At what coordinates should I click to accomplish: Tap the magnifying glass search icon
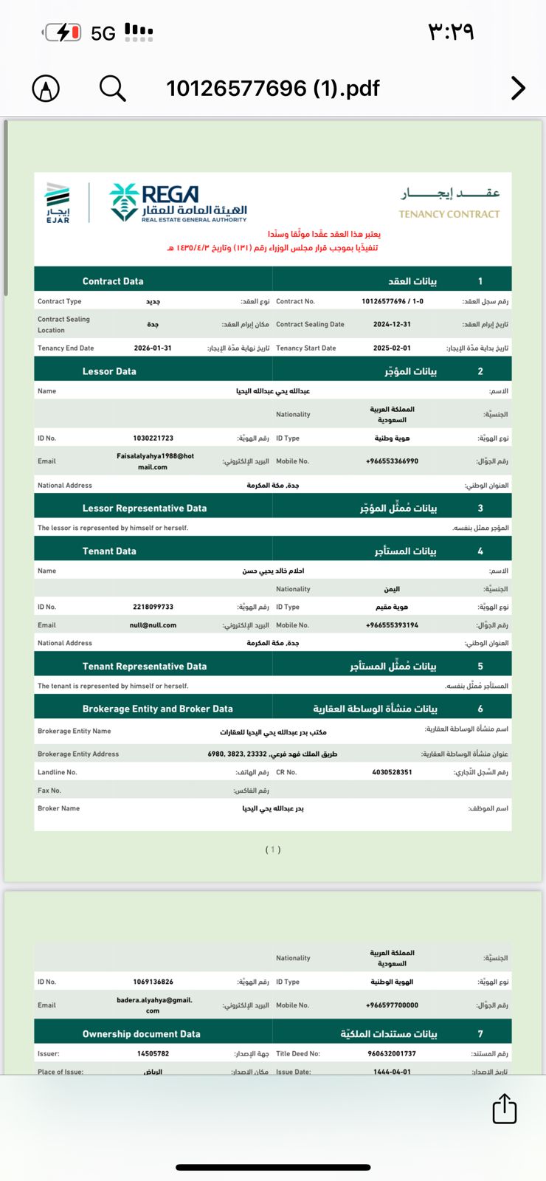(112, 89)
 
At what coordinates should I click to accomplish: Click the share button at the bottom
(505, 1109)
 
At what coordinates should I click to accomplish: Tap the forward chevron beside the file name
(518, 89)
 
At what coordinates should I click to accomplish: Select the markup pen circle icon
(46, 89)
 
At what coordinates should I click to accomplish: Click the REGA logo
(179, 203)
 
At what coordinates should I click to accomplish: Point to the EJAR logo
(58, 202)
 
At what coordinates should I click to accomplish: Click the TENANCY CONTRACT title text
(449, 214)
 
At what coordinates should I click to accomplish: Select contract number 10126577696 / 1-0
(392, 301)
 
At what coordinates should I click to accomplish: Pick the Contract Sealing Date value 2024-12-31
(392, 324)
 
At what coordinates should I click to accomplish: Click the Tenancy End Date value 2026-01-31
(153, 348)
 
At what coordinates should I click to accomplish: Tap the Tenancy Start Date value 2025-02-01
(392, 348)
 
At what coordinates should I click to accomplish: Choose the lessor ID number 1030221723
(153, 438)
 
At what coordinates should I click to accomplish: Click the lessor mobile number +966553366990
(392, 461)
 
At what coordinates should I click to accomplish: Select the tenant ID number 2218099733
(153, 607)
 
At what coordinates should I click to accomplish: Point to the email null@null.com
(153, 625)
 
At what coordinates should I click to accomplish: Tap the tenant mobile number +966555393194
(392, 625)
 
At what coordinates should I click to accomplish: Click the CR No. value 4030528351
(392, 772)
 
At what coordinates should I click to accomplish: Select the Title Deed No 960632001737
(392, 1053)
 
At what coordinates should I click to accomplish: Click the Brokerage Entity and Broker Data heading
(157, 709)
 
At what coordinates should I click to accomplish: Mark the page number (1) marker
(273, 850)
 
